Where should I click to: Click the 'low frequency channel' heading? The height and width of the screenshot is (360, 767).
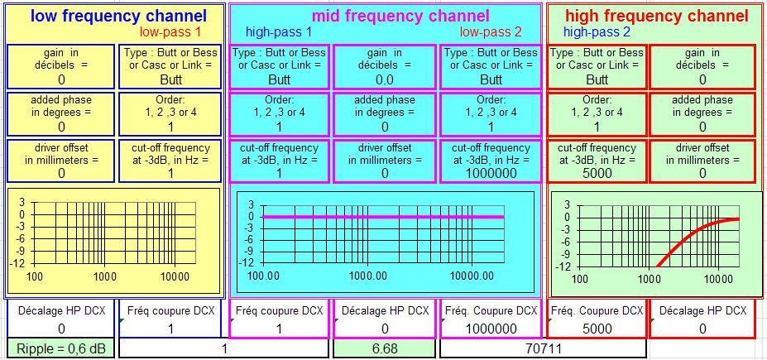[118, 16]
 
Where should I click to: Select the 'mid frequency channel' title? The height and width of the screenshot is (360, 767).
[400, 16]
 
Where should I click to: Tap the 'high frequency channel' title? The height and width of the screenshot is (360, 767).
[656, 16]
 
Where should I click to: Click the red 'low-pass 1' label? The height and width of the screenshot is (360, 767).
[170, 32]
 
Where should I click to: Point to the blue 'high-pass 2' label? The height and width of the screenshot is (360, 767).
[597, 33]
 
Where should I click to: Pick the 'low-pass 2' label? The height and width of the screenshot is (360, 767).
[491, 33]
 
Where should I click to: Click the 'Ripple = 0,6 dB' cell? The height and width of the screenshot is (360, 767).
[61, 348]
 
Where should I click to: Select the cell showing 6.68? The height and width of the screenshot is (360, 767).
[384, 348]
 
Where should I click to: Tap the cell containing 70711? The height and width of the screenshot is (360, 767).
[543, 348]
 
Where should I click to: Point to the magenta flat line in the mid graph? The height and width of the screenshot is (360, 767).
[383, 217]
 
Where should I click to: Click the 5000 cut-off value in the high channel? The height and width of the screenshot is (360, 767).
[597, 173]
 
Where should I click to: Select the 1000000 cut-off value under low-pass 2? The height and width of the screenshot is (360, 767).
[491, 173]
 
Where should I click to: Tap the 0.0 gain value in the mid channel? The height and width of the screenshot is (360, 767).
[385, 79]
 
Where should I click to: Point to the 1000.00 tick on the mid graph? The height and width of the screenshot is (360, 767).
[370, 276]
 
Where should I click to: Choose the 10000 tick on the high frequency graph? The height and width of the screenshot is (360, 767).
[718, 279]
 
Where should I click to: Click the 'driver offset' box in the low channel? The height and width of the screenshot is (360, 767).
[61, 161]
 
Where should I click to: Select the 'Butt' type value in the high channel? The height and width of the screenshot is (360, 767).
[597, 79]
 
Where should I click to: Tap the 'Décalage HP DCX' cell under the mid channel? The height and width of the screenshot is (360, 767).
[385, 319]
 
